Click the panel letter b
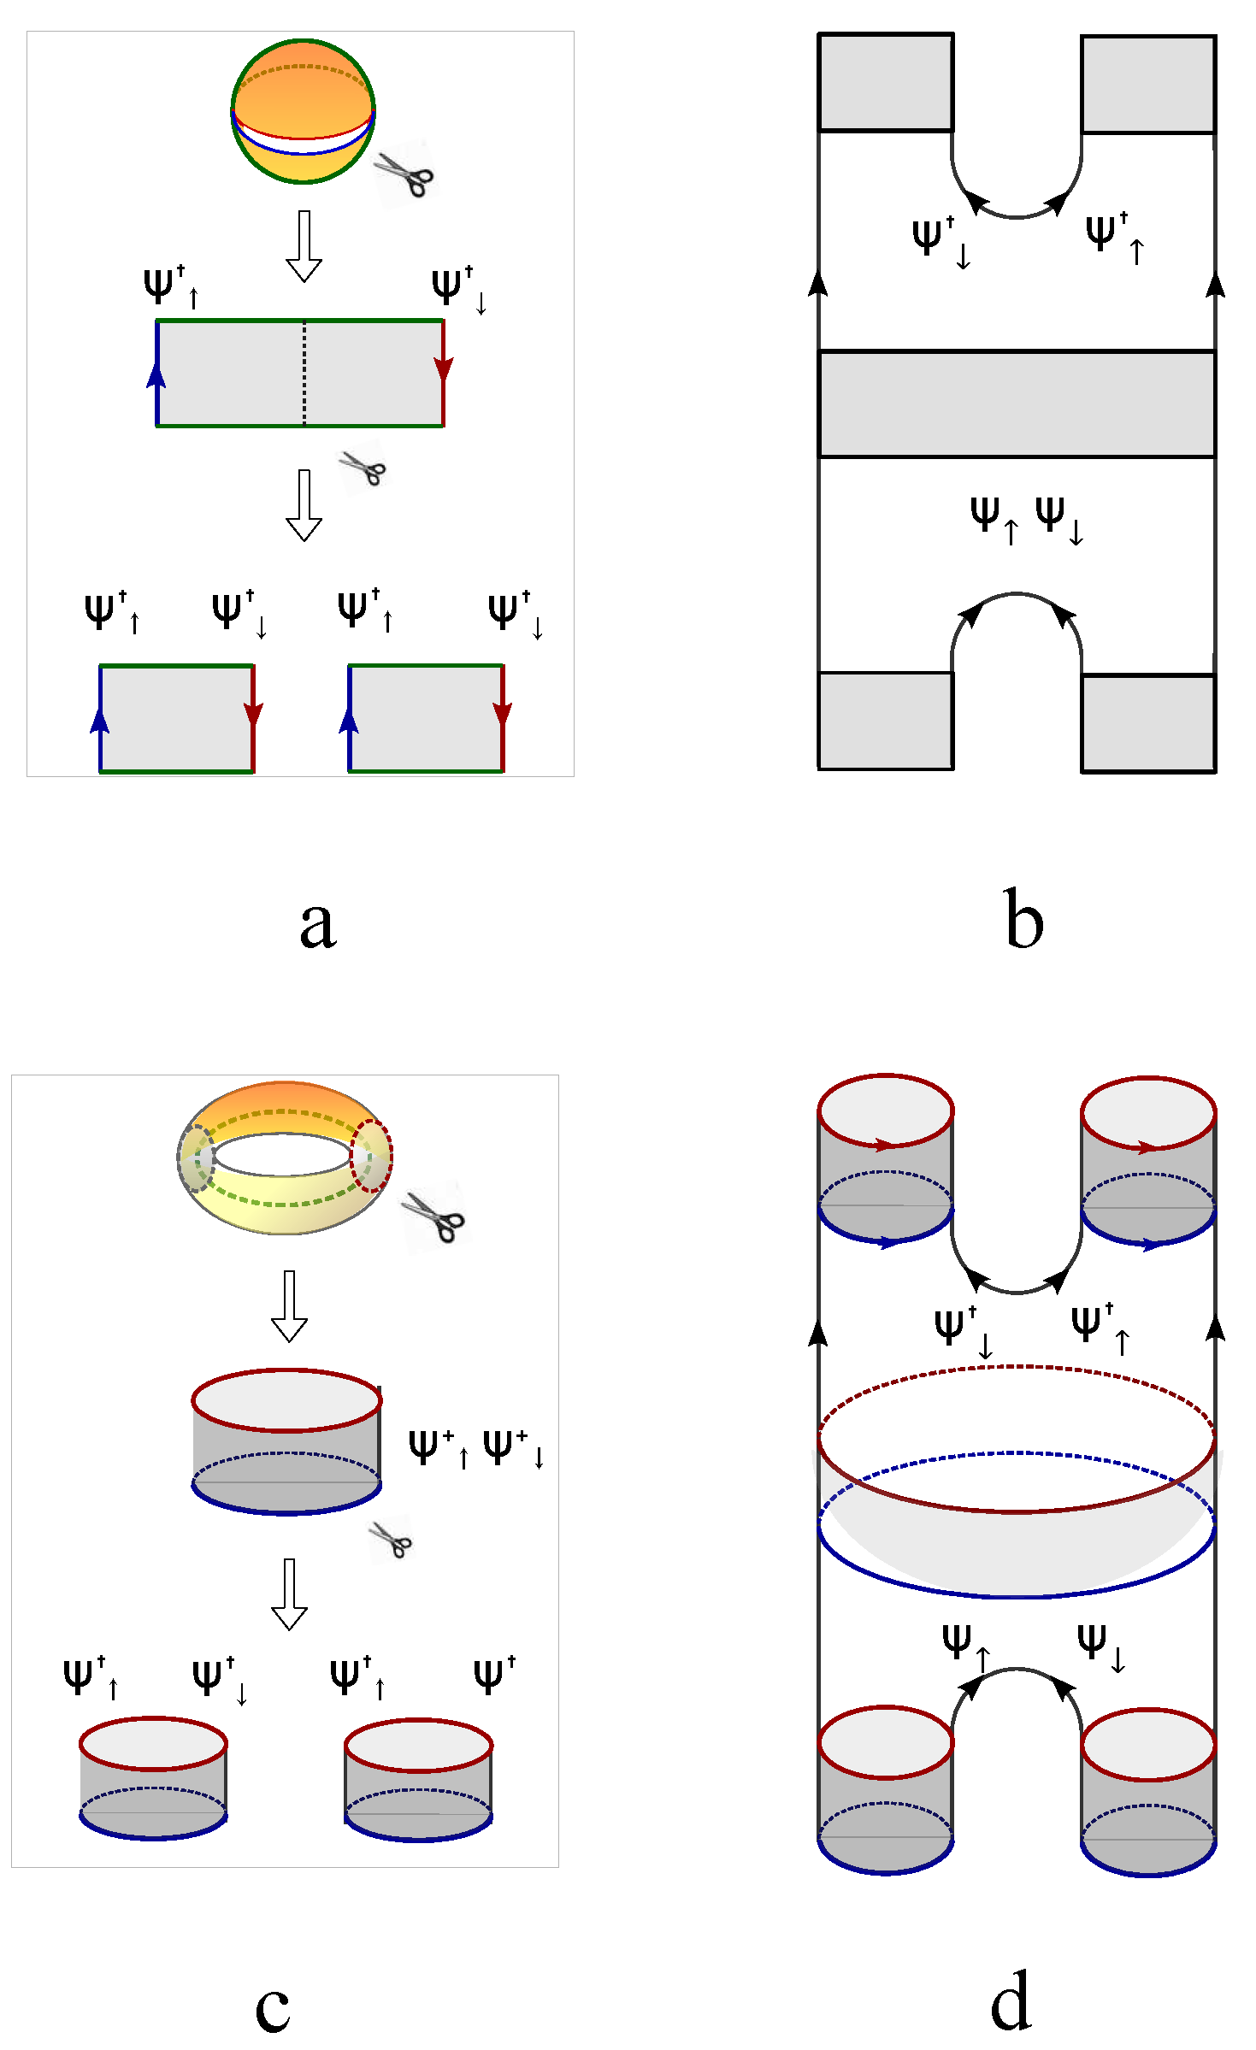point(1023,920)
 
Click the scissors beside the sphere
point(404,174)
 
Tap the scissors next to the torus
point(434,1216)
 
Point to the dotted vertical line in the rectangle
point(304,373)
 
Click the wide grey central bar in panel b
point(1016,404)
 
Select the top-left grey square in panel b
point(885,82)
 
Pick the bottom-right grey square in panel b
point(1147,723)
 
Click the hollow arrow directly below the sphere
point(304,246)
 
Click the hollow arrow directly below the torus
point(289,1306)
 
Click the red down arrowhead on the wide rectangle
point(443,368)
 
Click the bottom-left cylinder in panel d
point(885,1791)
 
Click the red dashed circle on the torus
point(372,1156)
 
